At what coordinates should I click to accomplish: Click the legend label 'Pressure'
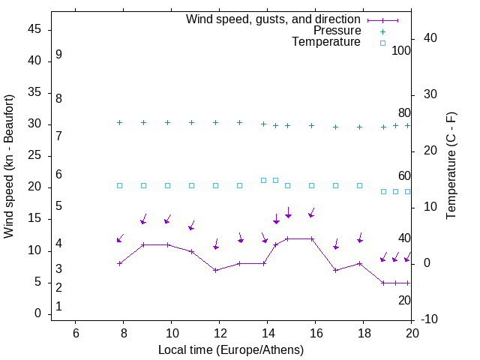337,31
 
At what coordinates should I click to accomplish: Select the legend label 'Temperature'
326,42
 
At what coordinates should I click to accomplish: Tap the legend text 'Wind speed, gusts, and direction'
273,19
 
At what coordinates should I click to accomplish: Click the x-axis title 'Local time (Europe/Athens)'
231,349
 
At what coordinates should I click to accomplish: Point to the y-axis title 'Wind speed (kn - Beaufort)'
9,166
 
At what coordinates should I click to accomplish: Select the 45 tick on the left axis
35,29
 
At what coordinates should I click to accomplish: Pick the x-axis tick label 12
220,333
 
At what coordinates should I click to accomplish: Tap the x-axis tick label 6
76,333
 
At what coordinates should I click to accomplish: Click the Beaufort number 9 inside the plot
58,55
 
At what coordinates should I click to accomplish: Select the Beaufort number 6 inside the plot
58,174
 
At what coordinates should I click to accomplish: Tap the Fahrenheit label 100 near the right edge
401,51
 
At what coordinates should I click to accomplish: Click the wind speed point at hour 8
119,263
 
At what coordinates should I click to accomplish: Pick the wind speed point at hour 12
215,270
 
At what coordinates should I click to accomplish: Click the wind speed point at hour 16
311,238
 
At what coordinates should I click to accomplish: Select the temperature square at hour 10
167,185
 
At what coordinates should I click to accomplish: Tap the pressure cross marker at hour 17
335,127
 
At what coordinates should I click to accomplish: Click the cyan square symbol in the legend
382,43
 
